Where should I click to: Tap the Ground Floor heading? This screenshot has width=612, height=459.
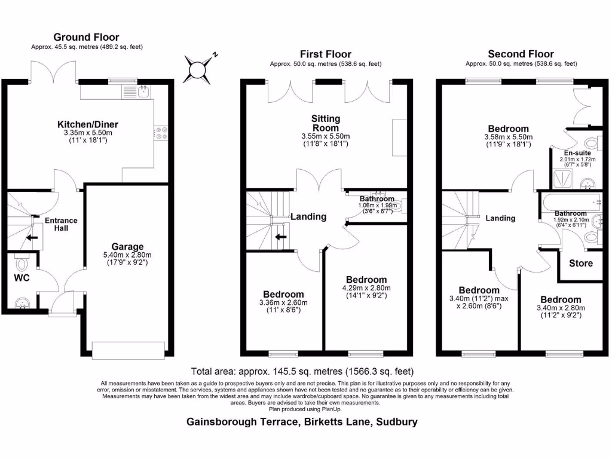click(x=86, y=37)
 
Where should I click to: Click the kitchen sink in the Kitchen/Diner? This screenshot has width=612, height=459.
click(x=142, y=91)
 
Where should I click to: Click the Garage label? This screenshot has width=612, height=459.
click(x=127, y=246)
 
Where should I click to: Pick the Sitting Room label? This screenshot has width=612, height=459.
click(x=325, y=124)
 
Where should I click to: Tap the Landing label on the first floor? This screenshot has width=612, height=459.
click(x=308, y=217)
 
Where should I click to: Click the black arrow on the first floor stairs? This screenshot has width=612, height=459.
click(x=280, y=238)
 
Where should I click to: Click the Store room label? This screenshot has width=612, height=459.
click(x=580, y=263)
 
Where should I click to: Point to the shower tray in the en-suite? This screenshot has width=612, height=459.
click(x=562, y=179)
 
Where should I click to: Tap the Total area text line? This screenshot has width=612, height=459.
click(x=302, y=371)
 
